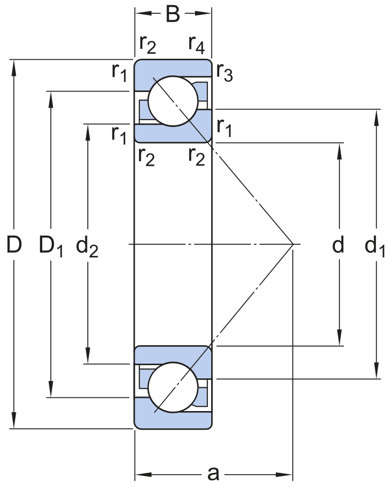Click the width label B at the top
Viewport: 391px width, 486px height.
(173, 14)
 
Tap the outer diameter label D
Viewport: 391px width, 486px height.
(14, 245)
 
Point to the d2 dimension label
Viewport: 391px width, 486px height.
(87, 247)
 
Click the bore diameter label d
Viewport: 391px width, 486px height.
(338, 245)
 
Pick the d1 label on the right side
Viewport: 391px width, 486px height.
(375, 247)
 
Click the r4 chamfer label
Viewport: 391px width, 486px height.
(196, 44)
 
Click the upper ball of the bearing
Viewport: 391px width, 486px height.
(173, 101)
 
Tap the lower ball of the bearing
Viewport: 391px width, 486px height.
(173, 388)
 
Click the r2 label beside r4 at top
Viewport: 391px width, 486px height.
(148, 44)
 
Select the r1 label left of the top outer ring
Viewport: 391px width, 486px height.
(119, 72)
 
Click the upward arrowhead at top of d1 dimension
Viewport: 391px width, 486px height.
(377, 116)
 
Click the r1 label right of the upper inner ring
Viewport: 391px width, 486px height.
(224, 128)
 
